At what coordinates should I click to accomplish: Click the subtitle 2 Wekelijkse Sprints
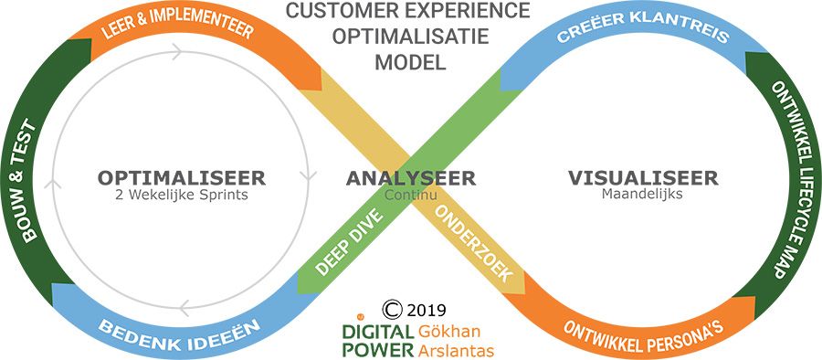(x=181, y=195)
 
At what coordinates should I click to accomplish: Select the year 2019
(x=424, y=308)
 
